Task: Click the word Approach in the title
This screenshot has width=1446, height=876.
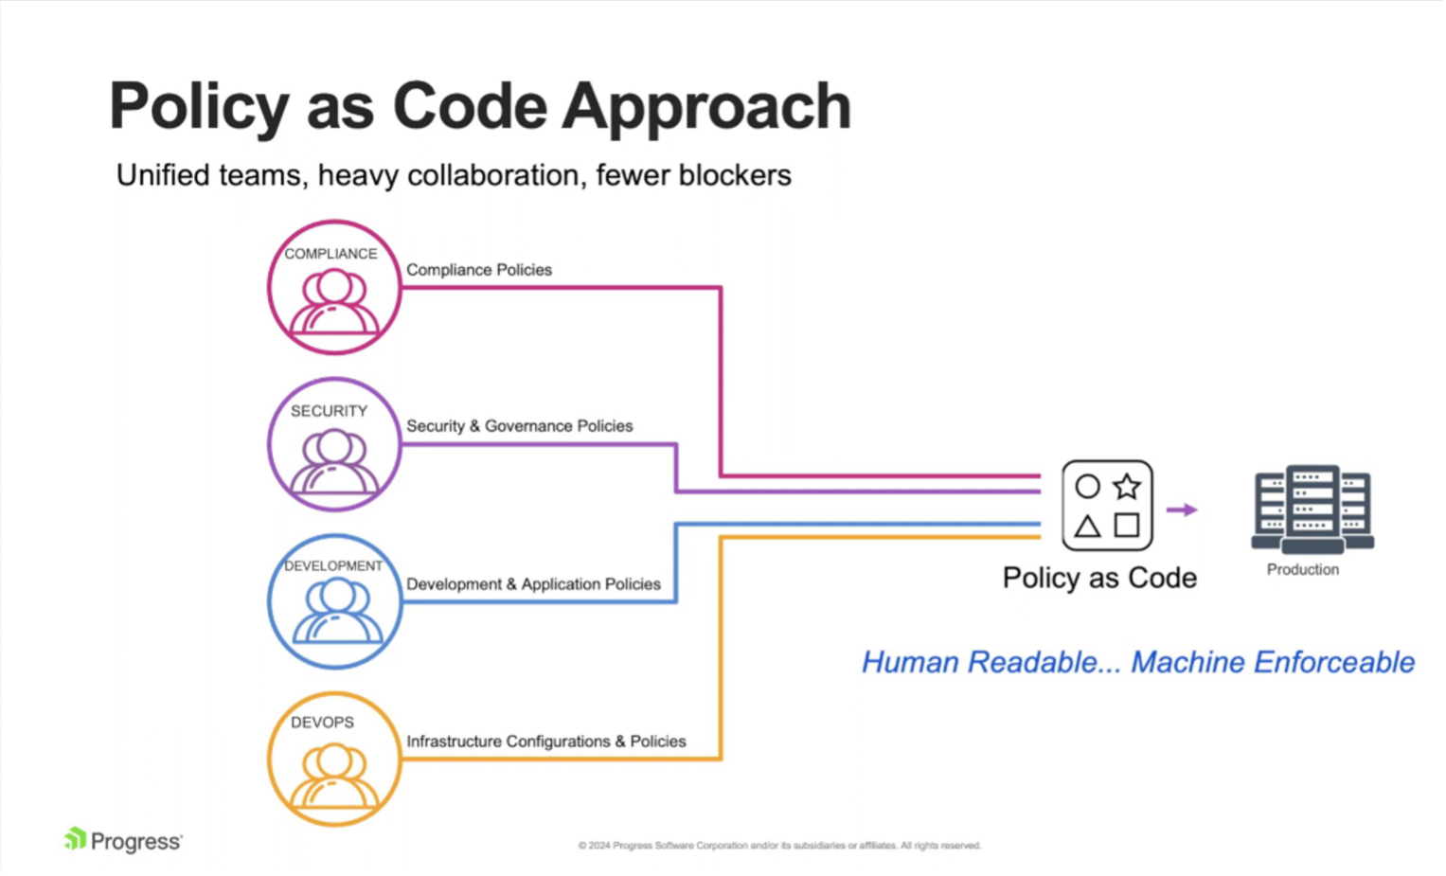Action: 706,106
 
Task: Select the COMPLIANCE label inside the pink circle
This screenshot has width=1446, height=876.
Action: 330,254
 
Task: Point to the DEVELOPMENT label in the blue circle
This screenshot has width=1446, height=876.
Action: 333,566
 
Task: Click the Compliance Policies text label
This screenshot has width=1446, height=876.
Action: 479,270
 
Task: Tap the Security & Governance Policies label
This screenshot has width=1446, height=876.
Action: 519,426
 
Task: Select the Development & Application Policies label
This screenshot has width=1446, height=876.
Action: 533,584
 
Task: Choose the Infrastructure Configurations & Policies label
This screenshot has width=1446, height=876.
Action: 546,742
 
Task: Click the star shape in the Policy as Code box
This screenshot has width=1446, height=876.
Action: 1127,487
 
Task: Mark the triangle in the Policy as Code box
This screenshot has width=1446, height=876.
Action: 1087,526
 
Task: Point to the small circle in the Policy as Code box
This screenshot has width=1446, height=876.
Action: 1087,487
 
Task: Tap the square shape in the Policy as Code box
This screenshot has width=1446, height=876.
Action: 1127,525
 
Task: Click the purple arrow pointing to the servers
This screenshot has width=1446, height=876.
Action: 1182,510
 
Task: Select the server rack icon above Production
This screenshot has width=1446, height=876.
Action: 1312,509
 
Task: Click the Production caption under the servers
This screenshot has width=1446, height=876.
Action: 1303,569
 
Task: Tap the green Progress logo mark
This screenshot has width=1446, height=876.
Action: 75,838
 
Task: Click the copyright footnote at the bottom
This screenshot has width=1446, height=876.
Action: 779,846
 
